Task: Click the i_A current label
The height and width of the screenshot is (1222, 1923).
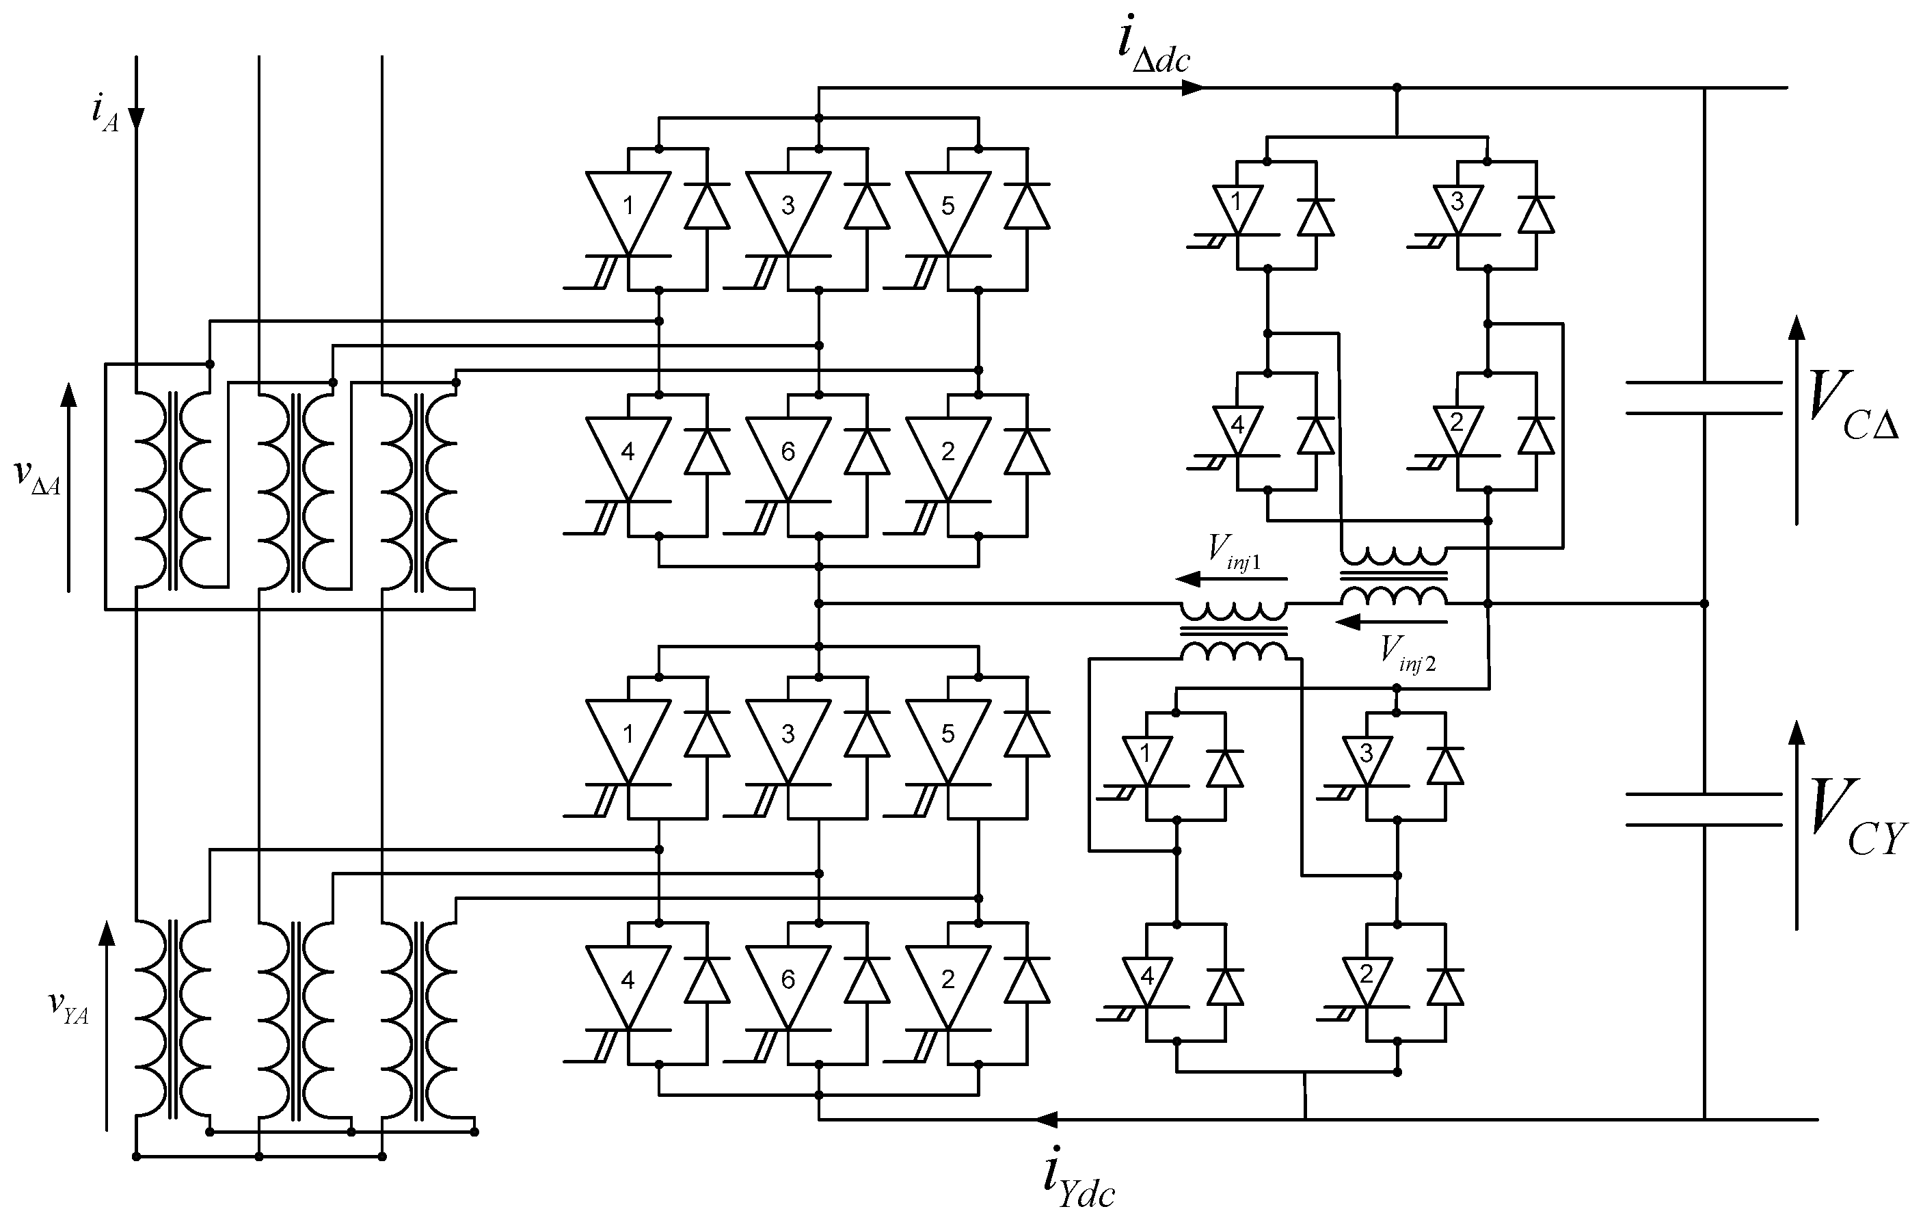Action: point(105,112)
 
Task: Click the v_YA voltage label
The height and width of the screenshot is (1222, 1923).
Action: point(68,1007)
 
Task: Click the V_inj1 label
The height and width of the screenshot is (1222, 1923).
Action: point(1234,552)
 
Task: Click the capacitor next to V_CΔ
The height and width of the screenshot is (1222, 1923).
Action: point(1704,398)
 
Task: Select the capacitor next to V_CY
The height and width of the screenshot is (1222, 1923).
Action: point(1704,809)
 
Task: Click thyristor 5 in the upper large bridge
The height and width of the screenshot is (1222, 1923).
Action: point(948,212)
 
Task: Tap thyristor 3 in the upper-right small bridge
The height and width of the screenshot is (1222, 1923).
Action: point(1457,208)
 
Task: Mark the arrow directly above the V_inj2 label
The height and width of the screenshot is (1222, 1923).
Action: point(1390,622)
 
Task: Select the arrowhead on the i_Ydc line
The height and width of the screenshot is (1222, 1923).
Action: point(1047,1119)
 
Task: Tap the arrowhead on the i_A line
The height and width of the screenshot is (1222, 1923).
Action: point(137,118)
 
